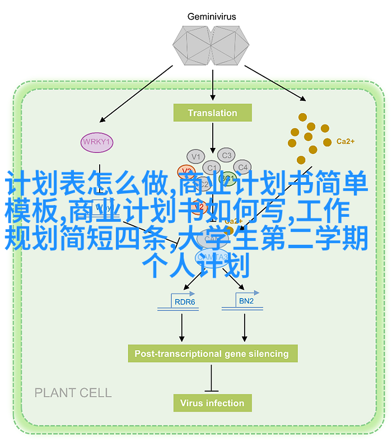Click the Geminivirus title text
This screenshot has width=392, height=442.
(212, 16)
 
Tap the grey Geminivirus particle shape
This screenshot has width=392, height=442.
(212, 45)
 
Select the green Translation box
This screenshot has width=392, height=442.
(212, 113)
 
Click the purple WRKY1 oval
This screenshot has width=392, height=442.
(96, 142)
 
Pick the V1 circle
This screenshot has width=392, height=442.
(195, 156)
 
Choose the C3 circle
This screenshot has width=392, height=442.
(226, 155)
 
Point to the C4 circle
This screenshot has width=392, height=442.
(242, 167)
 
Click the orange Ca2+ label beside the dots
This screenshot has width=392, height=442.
(345, 142)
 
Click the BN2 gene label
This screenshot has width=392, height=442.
(246, 301)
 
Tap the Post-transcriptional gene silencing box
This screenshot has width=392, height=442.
(212, 353)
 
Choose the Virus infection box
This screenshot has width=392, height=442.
(212, 403)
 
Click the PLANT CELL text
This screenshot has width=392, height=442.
(73, 393)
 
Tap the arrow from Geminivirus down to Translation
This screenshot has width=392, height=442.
(212, 84)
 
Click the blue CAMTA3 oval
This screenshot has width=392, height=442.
(212, 257)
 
